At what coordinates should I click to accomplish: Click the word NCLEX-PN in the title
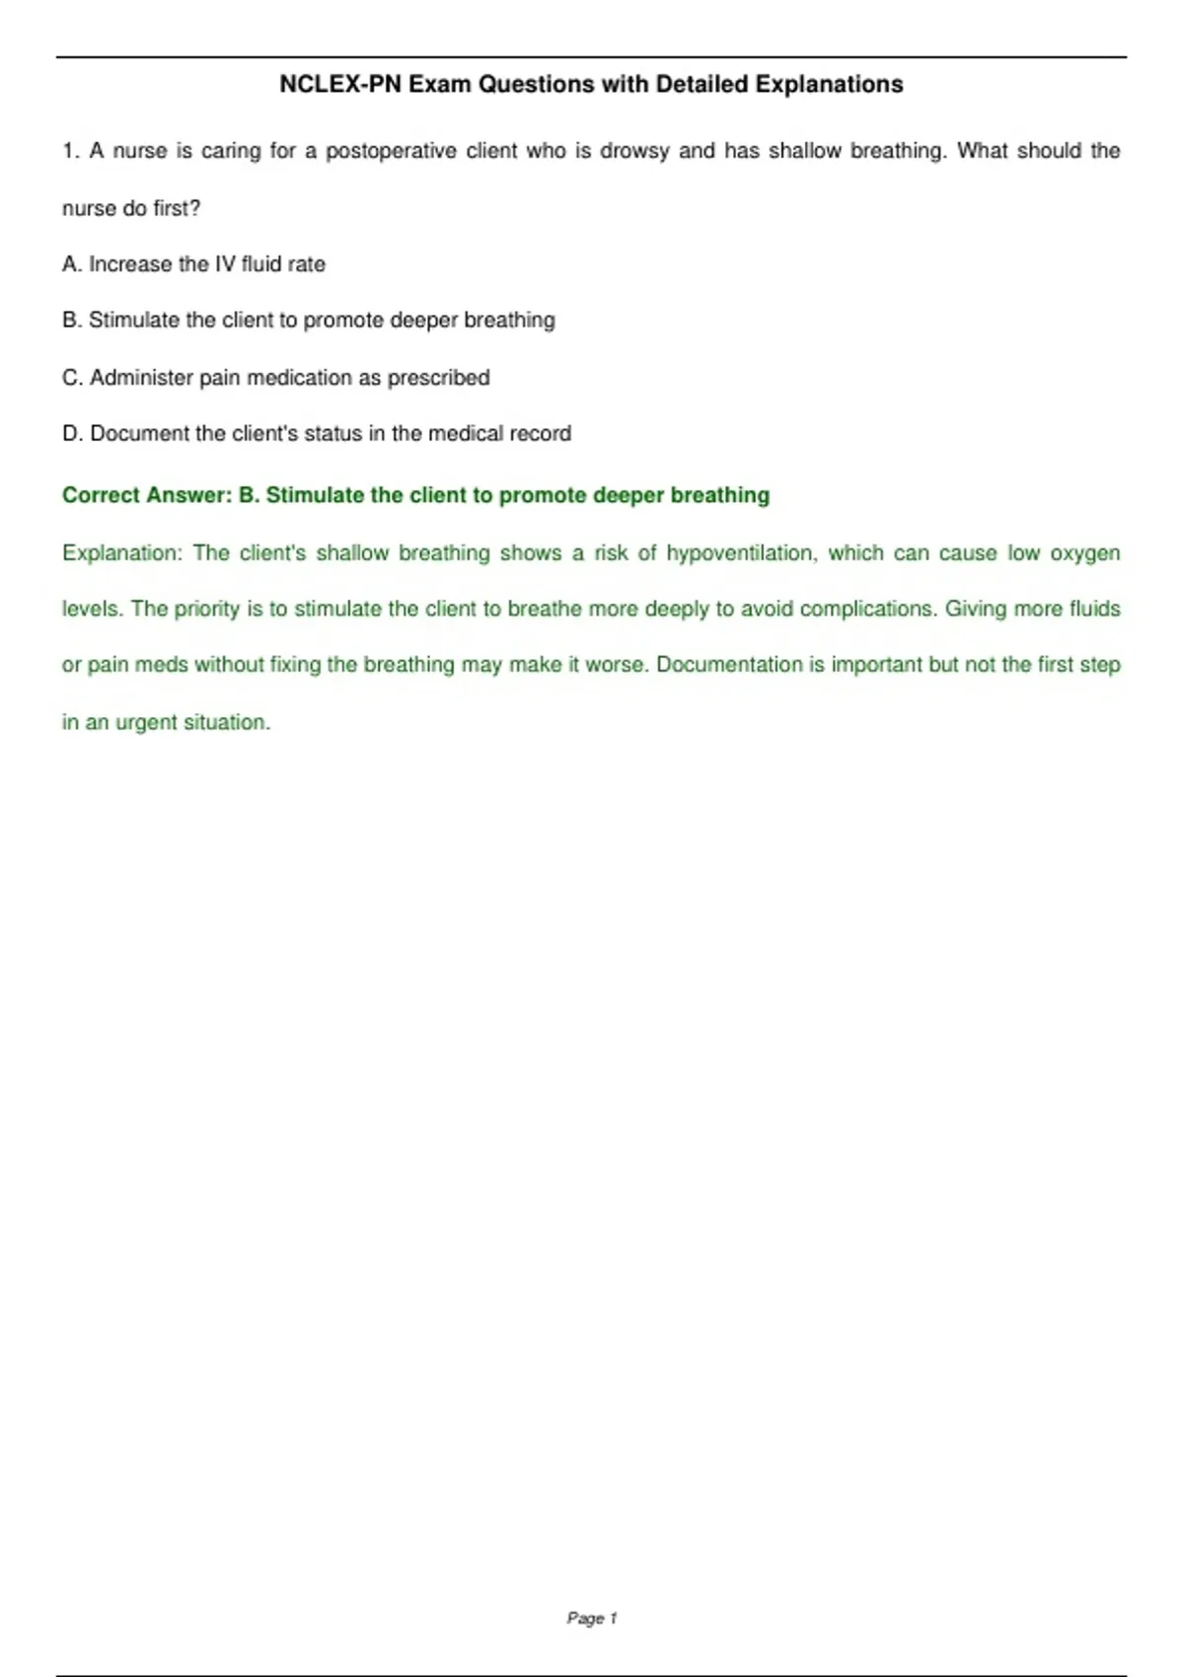(339, 85)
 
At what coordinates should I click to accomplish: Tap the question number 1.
(69, 151)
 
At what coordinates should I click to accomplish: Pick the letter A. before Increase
(71, 264)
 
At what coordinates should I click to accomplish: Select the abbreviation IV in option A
(225, 264)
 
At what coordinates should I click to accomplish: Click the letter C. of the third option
(72, 378)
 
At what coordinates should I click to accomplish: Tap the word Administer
(141, 378)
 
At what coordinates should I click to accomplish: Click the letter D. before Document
(72, 434)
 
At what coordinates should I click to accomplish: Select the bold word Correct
(100, 495)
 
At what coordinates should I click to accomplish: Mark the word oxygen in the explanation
(1084, 553)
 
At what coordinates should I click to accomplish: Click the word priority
(207, 610)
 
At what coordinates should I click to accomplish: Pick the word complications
(868, 610)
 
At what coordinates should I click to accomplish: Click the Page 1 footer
(592, 1618)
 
